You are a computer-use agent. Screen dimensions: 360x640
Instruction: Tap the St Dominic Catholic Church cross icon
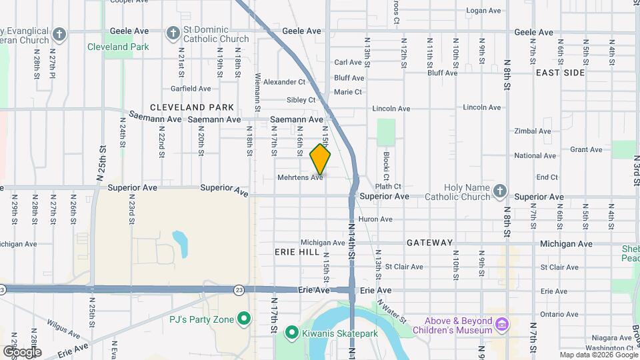(x=173, y=33)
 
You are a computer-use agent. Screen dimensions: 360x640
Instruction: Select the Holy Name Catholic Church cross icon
(x=501, y=192)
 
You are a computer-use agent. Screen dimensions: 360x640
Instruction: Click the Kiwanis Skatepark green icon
(x=291, y=331)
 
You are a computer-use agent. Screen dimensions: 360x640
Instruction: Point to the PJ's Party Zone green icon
(x=244, y=319)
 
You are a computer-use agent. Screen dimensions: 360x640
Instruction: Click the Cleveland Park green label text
(x=118, y=47)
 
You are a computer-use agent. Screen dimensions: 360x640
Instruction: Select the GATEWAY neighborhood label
(x=429, y=243)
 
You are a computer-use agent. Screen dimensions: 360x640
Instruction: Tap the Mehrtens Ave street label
(x=300, y=177)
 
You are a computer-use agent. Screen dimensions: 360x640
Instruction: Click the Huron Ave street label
(x=376, y=219)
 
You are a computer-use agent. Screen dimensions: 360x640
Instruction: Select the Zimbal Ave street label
(x=533, y=132)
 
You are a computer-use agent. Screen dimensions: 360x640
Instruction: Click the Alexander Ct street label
(x=284, y=82)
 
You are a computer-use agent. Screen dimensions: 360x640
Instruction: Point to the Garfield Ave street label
(x=190, y=88)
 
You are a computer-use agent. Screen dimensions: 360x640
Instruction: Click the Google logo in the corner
(x=22, y=351)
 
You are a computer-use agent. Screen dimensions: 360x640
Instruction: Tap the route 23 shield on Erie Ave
(x=239, y=289)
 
